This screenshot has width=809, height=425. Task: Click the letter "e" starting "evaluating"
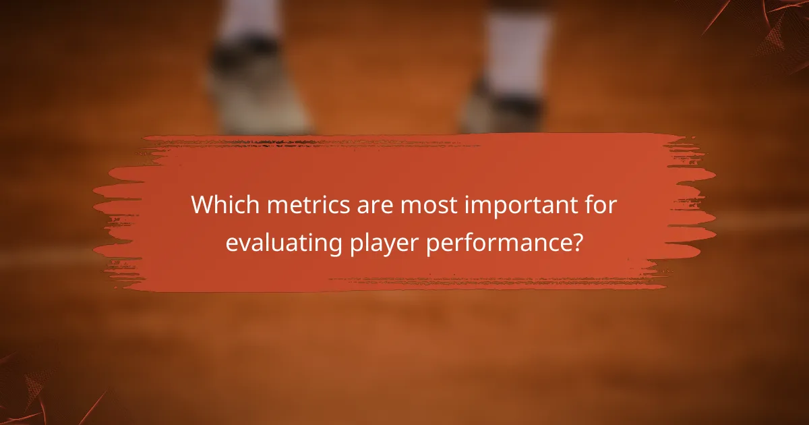pos(231,244)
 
